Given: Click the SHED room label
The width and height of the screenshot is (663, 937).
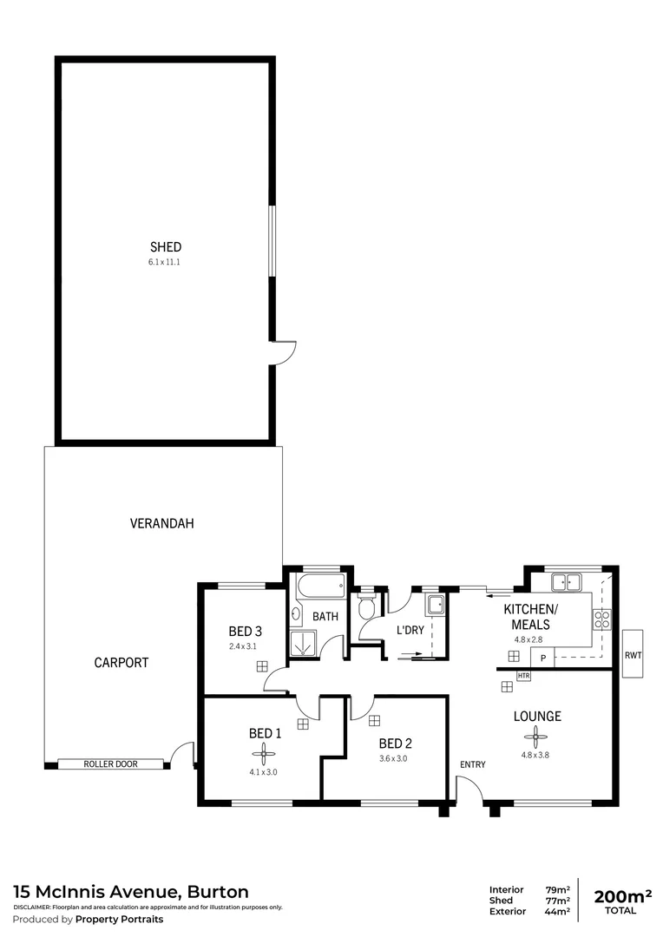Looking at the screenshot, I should pyautogui.click(x=165, y=246).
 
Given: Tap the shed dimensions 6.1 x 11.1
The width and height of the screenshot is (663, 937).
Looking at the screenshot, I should pyautogui.click(x=165, y=261).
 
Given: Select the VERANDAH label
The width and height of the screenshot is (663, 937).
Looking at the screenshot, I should pyautogui.click(x=161, y=523).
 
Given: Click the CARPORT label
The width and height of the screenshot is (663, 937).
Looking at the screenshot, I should pyautogui.click(x=121, y=662).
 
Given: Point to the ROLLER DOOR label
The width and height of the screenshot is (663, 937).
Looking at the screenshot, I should pyautogui.click(x=110, y=764).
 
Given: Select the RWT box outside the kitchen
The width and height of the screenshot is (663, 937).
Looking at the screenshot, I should pyautogui.click(x=633, y=655).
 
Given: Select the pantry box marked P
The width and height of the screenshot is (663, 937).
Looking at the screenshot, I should pyautogui.click(x=542, y=659).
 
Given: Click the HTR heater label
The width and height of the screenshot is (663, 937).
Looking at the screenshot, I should pyautogui.click(x=523, y=675).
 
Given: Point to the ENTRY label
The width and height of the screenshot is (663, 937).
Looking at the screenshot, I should pyautogui.click(x=473, y=764).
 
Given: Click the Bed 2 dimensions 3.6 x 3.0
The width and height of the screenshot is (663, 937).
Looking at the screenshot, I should pyautogui.click(x=392, y=758).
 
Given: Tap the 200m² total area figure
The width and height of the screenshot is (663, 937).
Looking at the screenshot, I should pyautogui.click(x=621, y=895).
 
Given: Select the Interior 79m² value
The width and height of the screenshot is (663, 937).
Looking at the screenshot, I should pyautogui.click(x=557, y=889).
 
